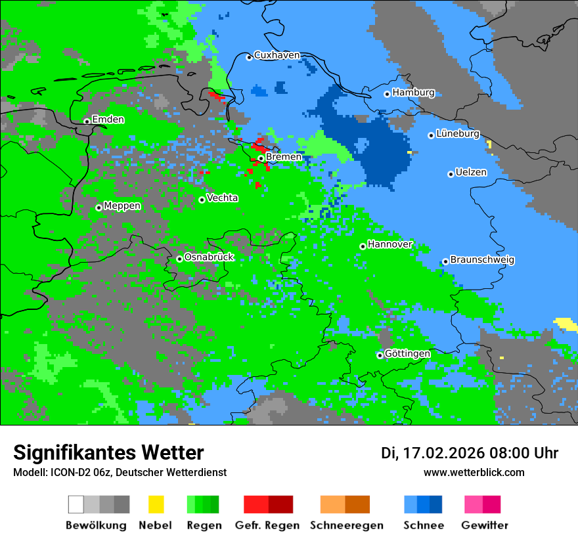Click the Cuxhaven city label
(277, 55)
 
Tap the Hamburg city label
(413, 93)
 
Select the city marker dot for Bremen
(261, 158)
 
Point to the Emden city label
(108, 120)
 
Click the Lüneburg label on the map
(457, 133)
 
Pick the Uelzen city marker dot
(451, 174)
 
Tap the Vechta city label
(222, 198)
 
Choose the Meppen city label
(122, 206)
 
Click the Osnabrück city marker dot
(179, 259)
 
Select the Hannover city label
(389, 244)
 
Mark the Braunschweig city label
(482, 260)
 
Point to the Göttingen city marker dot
(380, 355)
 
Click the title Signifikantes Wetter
(108, 452)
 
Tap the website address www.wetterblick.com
(474, 472)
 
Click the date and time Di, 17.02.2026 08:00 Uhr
(469, 453)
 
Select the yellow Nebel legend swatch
(156, 504)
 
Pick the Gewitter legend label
(485, 525)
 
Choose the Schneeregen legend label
(346, 525)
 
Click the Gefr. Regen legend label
(267, 525)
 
